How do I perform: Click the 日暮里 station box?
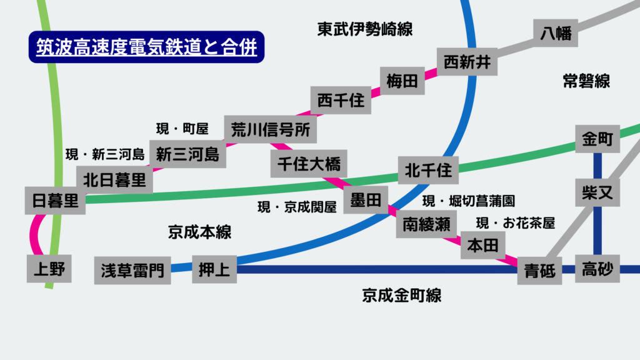(x=55, y=201)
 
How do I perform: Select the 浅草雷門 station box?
(x=132, y=270)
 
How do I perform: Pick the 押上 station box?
(x=214, y=269)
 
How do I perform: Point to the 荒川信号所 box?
(x=270, y=129)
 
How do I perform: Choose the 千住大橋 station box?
(x=309, y=165)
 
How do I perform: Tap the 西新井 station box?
(x=467, y=62)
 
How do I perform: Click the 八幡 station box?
(x=556, y=32)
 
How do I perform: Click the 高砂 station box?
(x=597, y=269)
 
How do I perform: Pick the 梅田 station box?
(x=402, y=81)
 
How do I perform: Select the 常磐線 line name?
(x=586, y=81)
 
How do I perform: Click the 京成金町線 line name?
(x=401, y=295)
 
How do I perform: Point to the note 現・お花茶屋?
(x=516, y=223)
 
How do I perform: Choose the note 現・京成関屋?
(x=297, y=207)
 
